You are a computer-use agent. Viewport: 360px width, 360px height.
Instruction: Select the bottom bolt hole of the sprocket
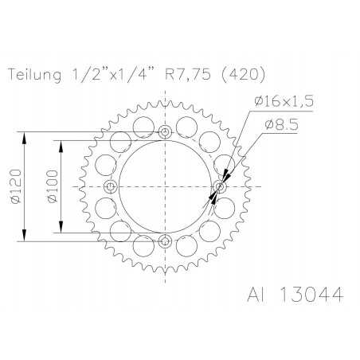pos(165,241)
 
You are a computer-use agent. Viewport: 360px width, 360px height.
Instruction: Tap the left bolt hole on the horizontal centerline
pos(111,186)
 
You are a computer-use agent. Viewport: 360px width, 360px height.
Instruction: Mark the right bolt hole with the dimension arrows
pos(221,186)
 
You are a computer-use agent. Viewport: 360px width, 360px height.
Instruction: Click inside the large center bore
pos(165,186)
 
